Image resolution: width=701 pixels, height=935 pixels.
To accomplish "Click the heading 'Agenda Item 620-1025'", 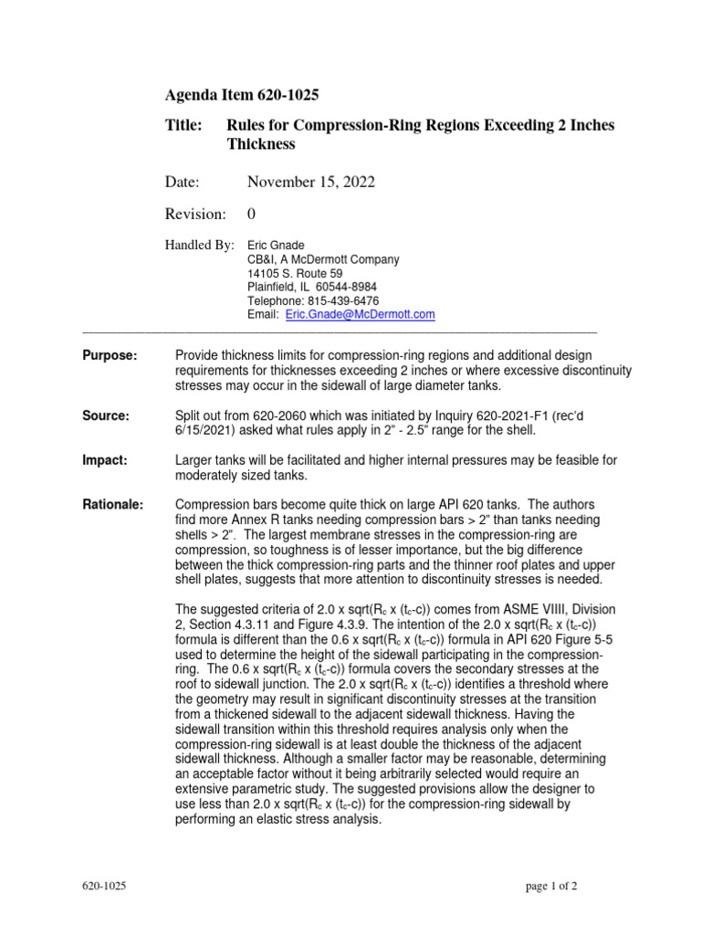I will click(x=241, y=95).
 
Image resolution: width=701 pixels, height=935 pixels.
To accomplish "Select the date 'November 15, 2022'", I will click(x=310, y=183).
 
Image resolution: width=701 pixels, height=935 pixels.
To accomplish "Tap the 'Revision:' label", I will click(x=194, y=214).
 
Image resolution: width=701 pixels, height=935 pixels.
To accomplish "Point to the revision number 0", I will click(x=252, y=214).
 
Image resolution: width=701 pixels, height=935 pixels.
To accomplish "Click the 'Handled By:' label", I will click(x=199, y=246).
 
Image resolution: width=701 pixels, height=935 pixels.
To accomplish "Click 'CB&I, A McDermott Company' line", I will click(x=323, y=259).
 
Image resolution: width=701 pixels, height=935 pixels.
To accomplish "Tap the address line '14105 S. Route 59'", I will click(x=295, y=273).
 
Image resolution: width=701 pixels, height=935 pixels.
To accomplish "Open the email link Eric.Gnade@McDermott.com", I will click(x=360, y=314).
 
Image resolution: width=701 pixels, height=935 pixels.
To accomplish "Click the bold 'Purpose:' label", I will click(x=110, y=354).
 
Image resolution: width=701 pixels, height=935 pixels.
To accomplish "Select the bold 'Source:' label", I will click(x=106, y=415).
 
